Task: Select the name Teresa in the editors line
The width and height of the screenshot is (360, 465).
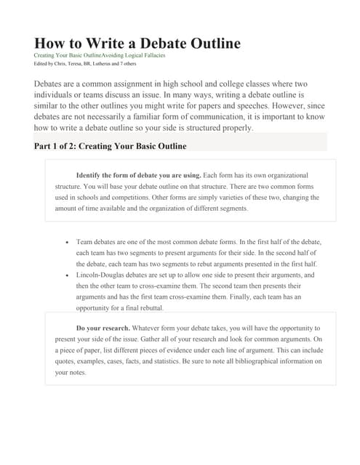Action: click(x=79, y=63)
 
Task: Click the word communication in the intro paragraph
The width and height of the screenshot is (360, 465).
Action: click(x=188, y=117)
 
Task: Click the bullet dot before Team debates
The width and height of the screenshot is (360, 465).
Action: click(x=67, y=241)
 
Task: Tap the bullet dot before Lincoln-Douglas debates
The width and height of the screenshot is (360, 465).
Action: click(x=67, y=276)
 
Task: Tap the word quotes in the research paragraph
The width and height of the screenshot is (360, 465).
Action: click(x=66, y=361)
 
